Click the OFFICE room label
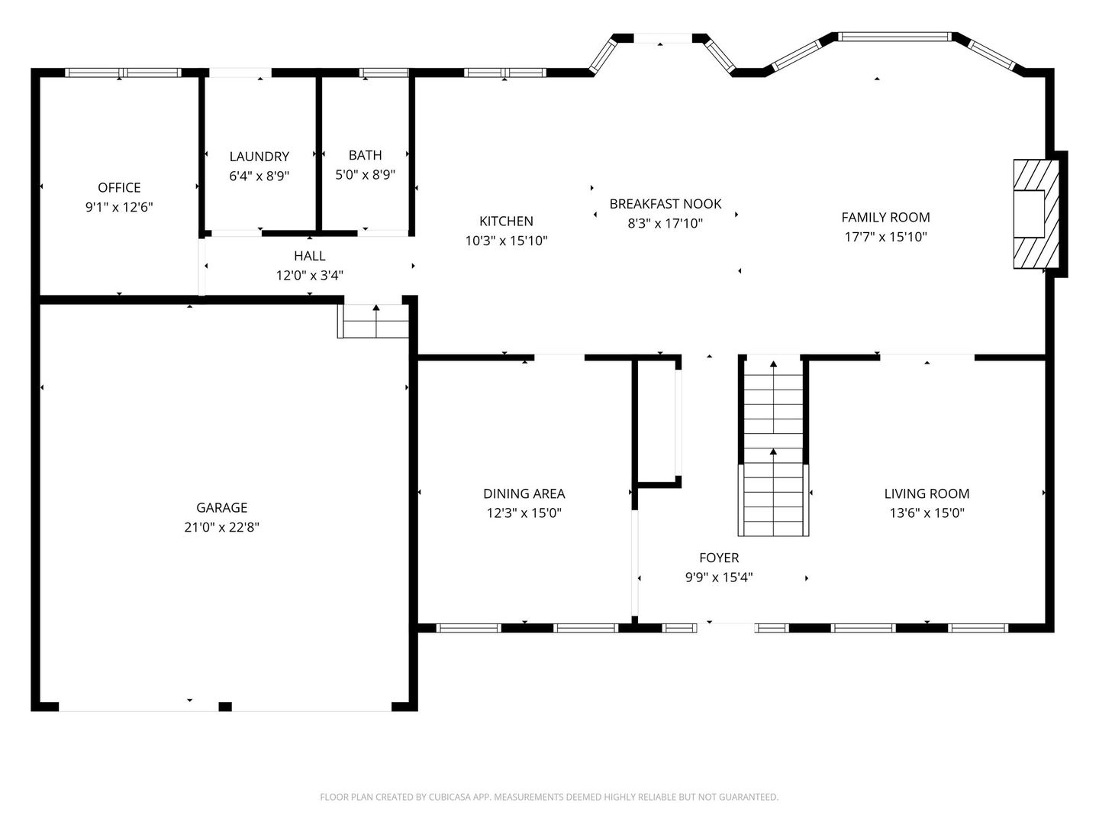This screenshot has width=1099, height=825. (119, 188)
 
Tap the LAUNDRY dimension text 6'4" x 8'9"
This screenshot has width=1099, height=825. (259, 176)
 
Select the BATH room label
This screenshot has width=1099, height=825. (366, 155)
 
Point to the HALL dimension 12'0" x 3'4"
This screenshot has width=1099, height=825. (310, 276)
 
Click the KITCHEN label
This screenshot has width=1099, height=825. (506, 221)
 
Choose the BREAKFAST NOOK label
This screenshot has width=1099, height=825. (666, 204)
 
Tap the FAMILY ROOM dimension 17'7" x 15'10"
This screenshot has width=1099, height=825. (886, 237)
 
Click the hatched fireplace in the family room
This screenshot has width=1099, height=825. (1036, 214)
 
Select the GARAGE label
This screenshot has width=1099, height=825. (222, 508)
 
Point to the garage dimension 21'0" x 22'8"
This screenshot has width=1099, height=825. (222, 527)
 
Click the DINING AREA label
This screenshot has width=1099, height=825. (524, 494)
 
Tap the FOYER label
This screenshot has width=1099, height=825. (719, 558)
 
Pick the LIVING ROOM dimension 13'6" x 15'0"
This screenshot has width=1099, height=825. (927, 513)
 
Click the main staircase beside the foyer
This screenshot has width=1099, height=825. (774, 446)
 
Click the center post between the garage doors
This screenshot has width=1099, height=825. (225, 707)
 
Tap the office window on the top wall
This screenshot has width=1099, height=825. (123, 73)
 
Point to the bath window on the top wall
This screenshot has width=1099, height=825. (384, 73)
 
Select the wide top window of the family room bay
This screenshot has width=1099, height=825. (894, 37)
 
